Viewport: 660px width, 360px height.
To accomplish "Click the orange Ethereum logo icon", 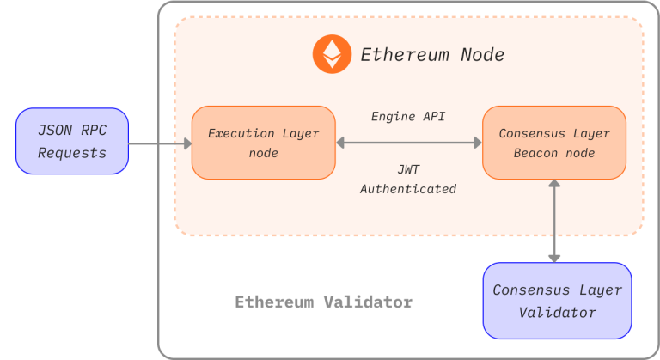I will pos(331,54).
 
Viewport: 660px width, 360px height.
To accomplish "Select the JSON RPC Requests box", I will pos(72,142).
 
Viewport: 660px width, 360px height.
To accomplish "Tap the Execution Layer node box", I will pos(263,143).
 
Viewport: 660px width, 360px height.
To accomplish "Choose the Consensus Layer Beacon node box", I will pos(553,143).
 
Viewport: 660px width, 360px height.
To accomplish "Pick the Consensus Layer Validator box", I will pos(557,301).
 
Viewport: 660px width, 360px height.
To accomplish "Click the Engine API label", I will pos(408,116).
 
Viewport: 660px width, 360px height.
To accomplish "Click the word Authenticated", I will pos(408,188).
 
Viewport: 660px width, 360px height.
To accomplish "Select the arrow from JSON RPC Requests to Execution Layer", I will pos(160,143).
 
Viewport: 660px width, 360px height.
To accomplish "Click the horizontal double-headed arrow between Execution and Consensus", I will pos(408,143).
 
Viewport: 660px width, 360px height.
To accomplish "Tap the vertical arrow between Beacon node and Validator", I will pos(555,221).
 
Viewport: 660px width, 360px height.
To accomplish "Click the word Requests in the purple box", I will pos(72,153).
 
